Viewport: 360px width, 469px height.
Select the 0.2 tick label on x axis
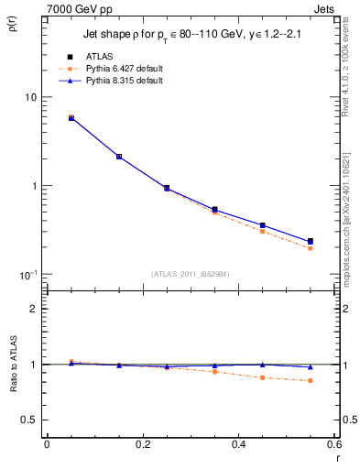coord(142,445)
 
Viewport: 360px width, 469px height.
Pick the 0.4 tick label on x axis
coord(239,445)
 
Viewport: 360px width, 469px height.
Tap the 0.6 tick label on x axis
coord(335,445)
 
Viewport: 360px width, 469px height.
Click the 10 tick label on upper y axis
coord(30,98)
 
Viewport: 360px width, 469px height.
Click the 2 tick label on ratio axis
coord(34,310)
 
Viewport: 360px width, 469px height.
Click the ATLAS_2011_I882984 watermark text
coord(191,274)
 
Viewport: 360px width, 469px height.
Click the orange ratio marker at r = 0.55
coord(311,380)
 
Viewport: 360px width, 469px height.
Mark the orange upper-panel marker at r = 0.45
coord(262,231)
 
